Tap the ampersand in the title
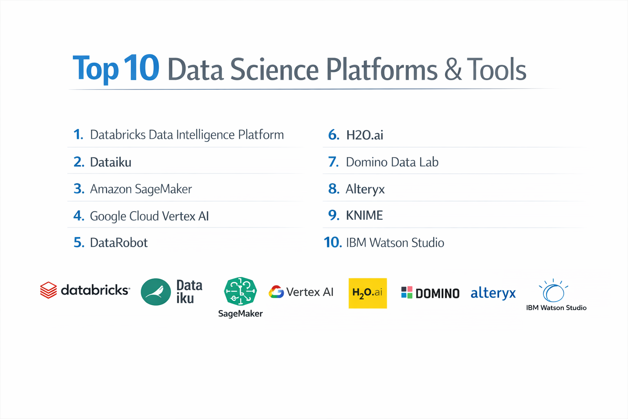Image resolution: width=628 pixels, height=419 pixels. coord(453,70)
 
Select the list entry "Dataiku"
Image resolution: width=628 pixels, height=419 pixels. coord(110,162)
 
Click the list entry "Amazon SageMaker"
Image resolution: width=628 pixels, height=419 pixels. coord(141,189)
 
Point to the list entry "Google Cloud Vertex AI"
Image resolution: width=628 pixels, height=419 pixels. coord(149,216)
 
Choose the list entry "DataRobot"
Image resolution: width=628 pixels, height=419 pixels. coord(119,243)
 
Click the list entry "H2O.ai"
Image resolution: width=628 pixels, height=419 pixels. coord(364,135)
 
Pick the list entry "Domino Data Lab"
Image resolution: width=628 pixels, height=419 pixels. coord(392,162)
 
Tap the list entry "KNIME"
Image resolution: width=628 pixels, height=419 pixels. coord(364,216)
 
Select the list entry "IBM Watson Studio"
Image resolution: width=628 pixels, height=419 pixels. coord(395,243)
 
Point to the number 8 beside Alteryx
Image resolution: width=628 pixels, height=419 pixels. coord(334,189)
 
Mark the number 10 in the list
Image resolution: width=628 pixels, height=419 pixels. coord(332,243)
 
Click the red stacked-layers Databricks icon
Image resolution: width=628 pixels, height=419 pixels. coord(48,290)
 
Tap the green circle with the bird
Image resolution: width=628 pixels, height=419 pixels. coord(156,292)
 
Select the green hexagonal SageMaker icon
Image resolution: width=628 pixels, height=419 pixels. coord(240,291)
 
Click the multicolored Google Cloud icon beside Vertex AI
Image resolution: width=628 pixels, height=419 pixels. coord(276,292)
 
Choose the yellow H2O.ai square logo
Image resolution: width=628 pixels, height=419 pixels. coord(368,293)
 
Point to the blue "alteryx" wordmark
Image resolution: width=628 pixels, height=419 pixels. coord(493,293)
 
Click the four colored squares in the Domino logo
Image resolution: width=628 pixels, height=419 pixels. coord(406,293)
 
